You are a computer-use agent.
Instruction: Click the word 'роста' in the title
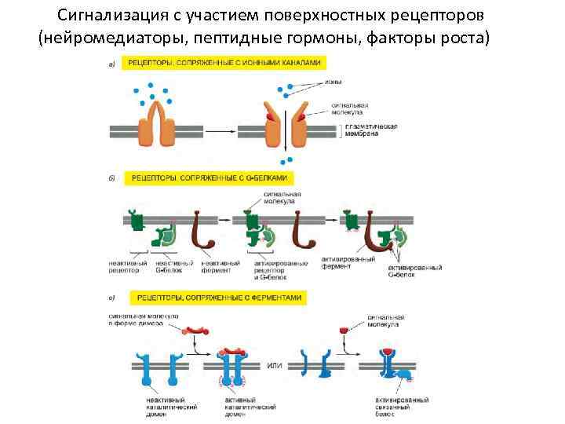466,36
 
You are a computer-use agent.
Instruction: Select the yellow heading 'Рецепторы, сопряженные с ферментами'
221,298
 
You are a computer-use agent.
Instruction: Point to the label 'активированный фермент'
348,261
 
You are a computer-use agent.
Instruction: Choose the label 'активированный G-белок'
415,271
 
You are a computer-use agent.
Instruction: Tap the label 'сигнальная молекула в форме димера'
144,320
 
